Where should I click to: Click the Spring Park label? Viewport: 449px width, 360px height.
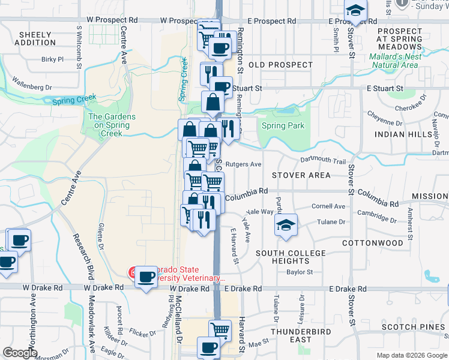pos(283,126)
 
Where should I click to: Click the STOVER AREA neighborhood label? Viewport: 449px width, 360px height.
pos(301,175)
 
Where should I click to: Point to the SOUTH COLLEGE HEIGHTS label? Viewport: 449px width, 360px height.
pos(291,257)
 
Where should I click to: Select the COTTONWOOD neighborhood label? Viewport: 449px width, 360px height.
pos(372,243)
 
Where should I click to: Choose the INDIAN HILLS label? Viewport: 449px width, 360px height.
pos(403,135)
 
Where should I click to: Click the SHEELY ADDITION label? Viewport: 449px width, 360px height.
pos(37,38)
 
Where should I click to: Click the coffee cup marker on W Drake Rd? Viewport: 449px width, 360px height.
pos(146,277)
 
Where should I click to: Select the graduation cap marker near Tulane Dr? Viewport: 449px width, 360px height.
pos(286,225)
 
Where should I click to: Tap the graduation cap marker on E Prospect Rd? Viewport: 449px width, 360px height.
pos(355,11)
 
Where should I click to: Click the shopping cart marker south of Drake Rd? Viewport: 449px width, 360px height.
pos(220,329)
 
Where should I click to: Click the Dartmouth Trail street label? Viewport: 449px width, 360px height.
pos(323,161)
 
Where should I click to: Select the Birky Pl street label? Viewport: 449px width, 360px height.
pos(52,59)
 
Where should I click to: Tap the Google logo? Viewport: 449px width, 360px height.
pos(20,353)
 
